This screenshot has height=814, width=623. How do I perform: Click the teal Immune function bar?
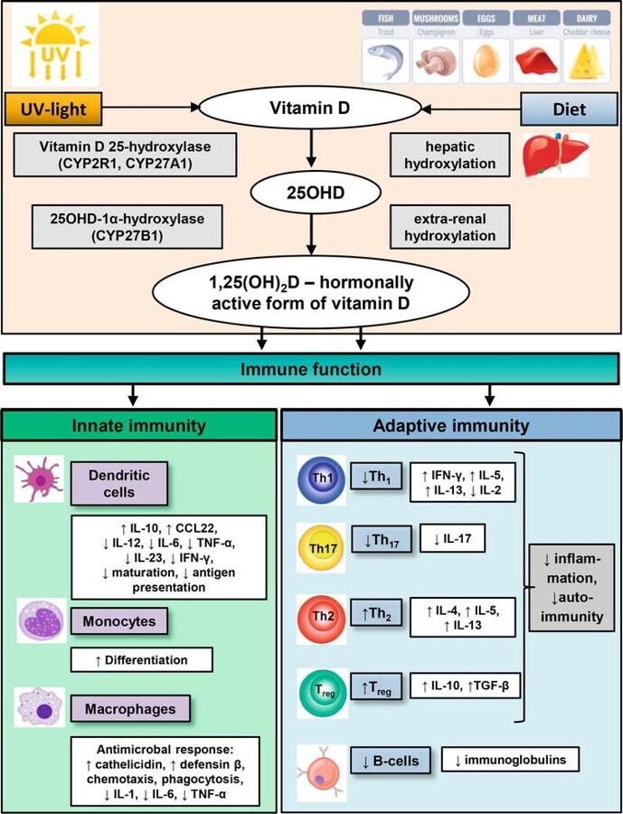[x=311, y=369]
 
